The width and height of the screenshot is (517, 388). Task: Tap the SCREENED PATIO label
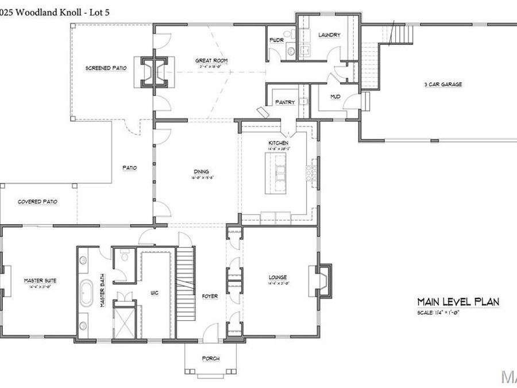106,68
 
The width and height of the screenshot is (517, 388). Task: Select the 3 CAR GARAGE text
443,84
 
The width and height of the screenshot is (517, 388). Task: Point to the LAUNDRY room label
329,35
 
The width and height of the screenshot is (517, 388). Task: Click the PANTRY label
285,102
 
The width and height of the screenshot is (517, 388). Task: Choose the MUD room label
335,97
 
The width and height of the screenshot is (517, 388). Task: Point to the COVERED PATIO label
37,202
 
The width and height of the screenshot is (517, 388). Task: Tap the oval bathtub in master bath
88,293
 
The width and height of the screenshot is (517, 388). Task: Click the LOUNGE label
277,277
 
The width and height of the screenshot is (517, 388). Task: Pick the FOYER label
210,296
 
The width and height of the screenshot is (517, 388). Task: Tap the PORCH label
210,359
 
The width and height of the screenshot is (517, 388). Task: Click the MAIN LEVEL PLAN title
458,301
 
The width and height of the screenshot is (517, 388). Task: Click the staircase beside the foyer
186,270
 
